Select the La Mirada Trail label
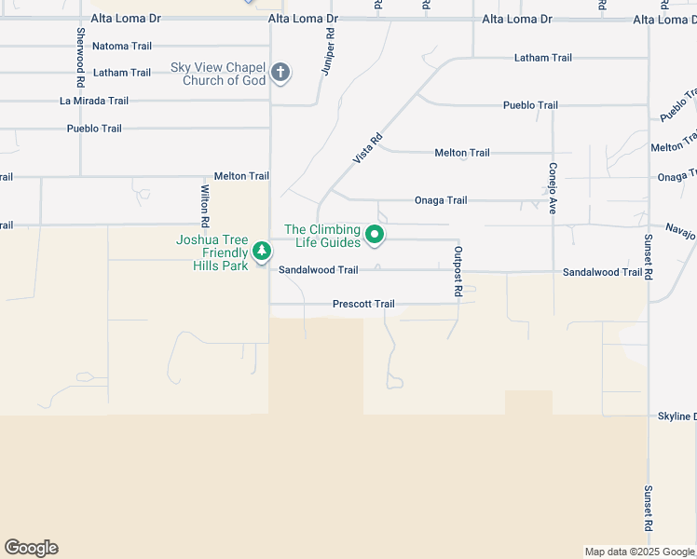94,101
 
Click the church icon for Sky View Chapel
280,73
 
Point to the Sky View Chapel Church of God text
218,74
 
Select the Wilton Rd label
204,206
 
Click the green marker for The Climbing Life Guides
375,235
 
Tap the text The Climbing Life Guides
322,236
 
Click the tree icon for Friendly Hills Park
263,251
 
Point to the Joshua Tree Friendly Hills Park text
212,252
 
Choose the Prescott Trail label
363,305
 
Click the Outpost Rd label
458,271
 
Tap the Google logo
31,548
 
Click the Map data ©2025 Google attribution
638,552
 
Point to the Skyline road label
676,416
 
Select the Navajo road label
680,230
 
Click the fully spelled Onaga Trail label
441,200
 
